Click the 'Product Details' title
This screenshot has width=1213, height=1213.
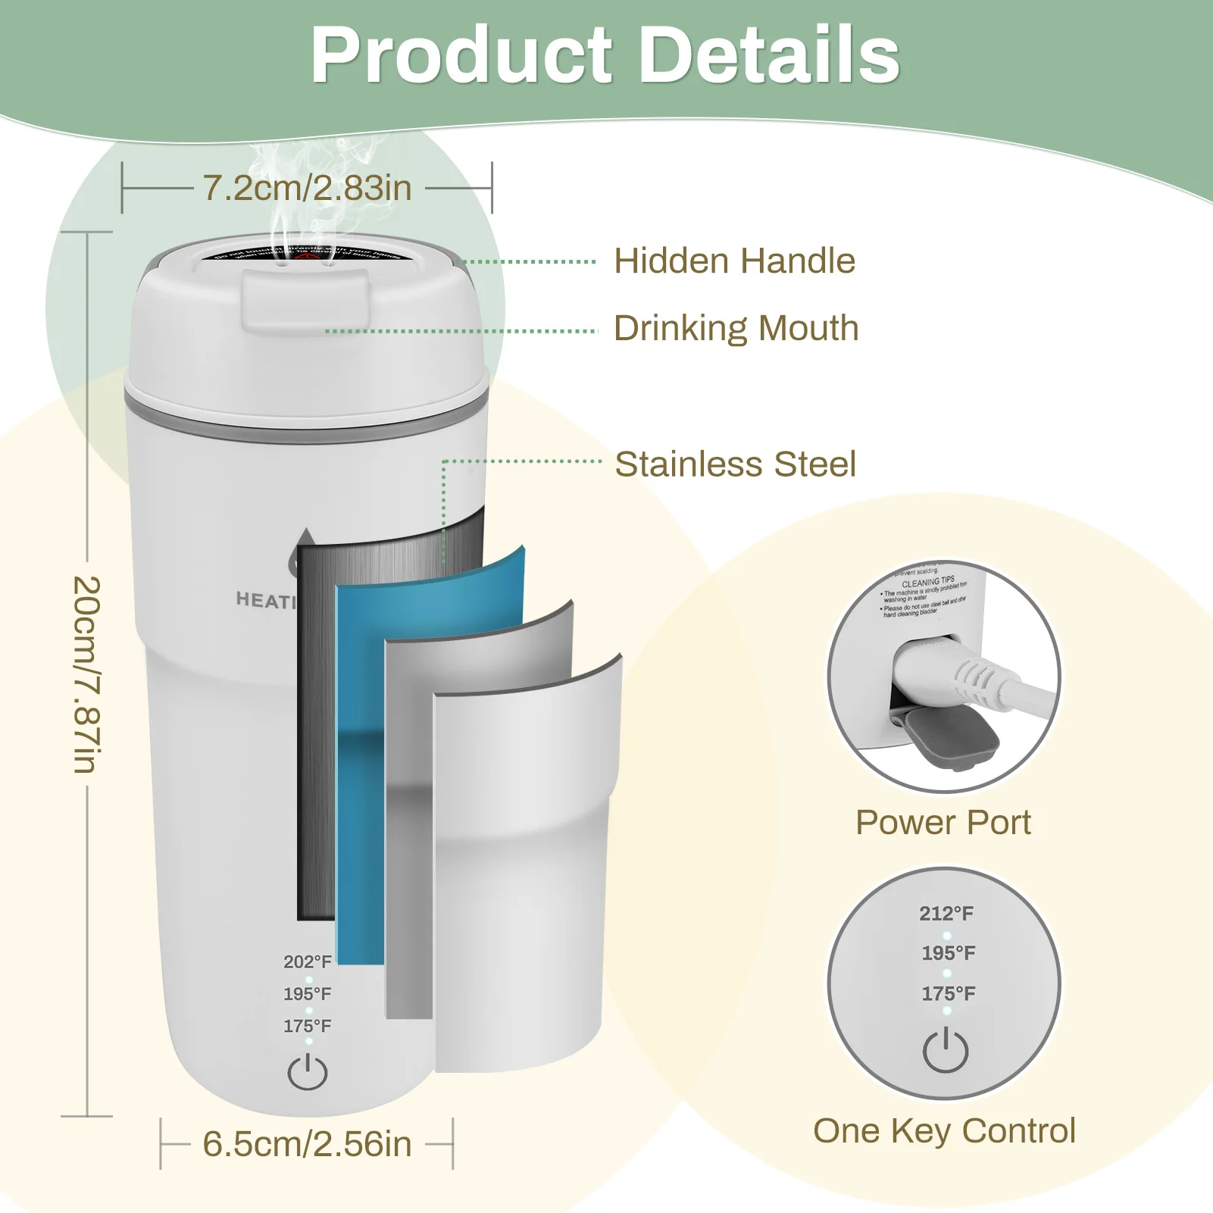coord(605,55)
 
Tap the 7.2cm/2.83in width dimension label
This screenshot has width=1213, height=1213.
coord(307,188)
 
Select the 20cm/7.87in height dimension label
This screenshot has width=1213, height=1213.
coord(87,674)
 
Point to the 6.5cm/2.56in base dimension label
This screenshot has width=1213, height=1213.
coord(307,1144)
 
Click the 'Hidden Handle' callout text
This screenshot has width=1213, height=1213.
coord(734,261)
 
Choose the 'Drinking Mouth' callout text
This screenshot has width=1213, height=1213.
coord(736,328)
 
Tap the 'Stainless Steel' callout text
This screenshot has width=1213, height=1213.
coord(735,464)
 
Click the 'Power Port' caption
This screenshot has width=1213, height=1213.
coord(943,822)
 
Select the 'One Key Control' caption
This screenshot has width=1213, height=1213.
coord(944,1130)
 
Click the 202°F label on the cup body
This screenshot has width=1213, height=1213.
coord(308,961)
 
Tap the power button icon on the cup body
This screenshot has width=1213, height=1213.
coord(308,1072)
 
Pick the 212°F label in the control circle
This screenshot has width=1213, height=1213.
coord(946,913)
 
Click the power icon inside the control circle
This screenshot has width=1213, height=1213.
coord(946,1050)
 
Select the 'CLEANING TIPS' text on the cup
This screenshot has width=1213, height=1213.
coord(927,583)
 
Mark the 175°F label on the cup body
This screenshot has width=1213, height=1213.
coord(308,1026)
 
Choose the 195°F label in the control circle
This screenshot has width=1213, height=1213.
coord(948,953)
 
